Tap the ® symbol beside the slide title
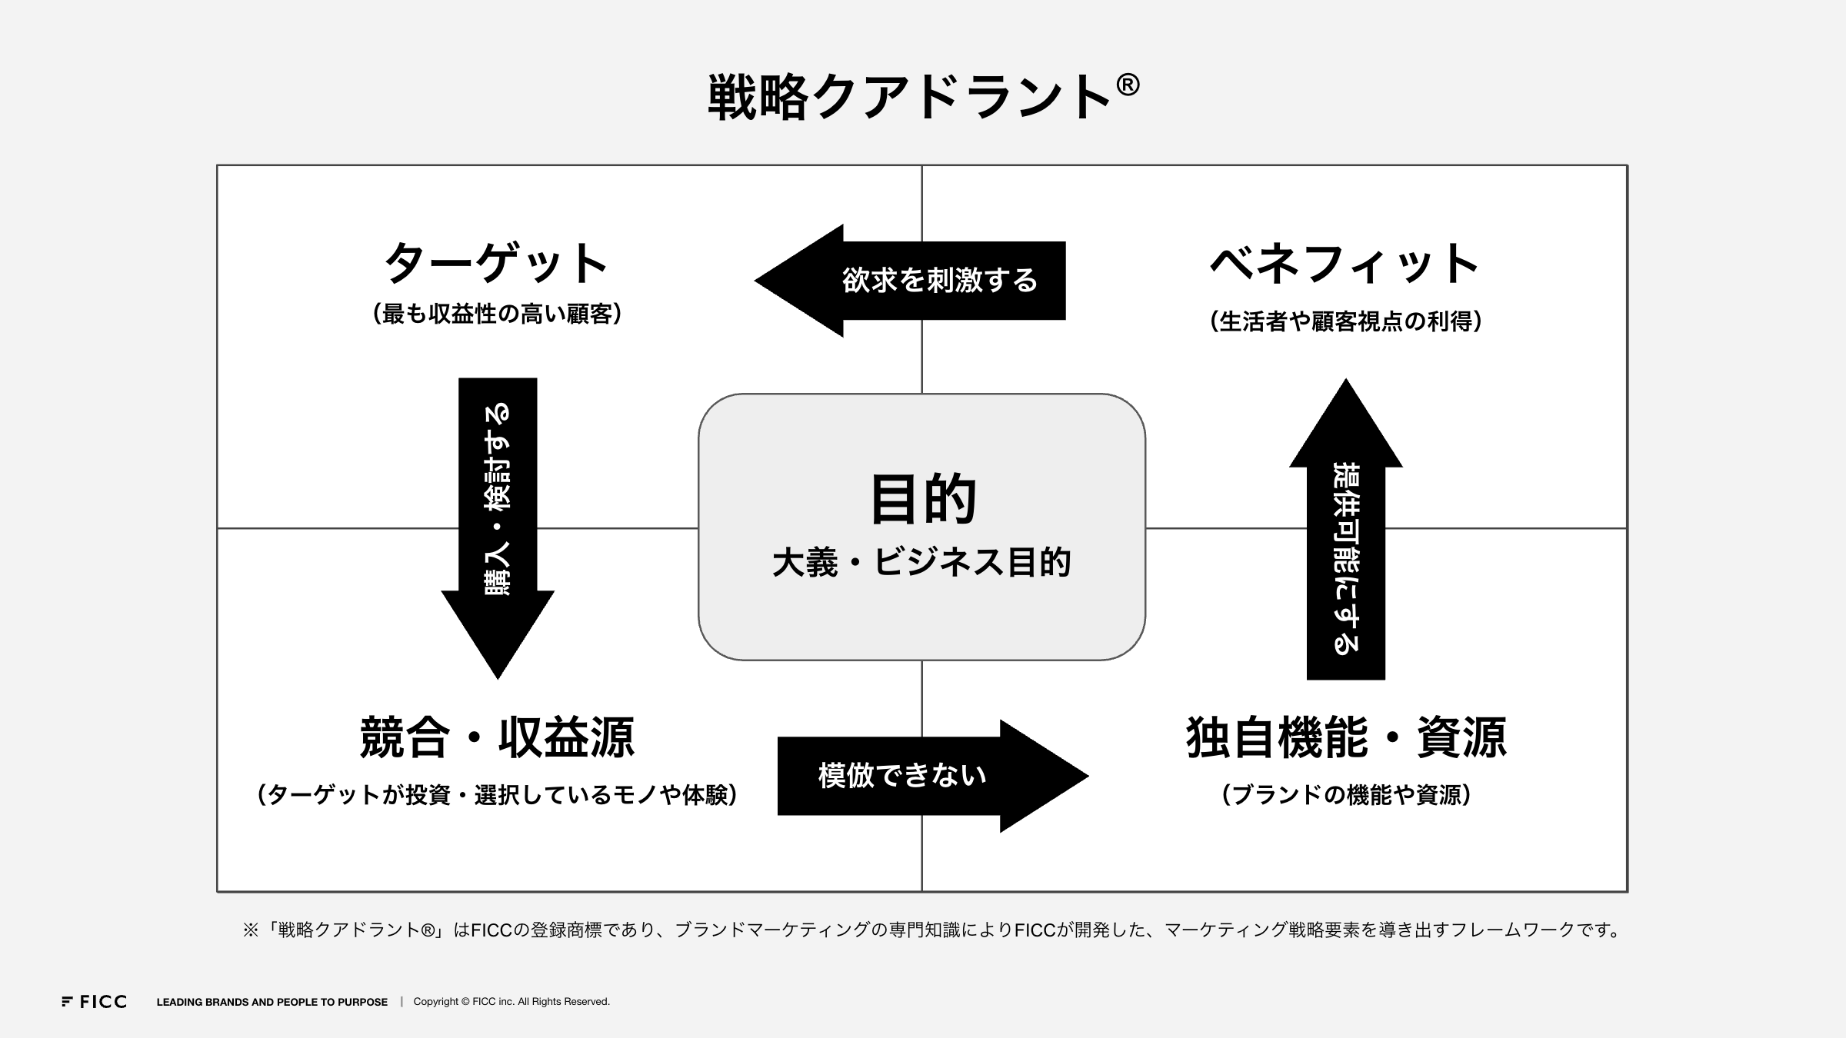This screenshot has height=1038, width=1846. (1127, 85)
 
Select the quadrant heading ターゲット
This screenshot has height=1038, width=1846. (496, 263)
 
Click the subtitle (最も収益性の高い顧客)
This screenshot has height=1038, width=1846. (497, 314)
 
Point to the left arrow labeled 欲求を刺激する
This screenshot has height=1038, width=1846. (910, 281)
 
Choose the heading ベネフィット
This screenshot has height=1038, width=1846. (1345, 263)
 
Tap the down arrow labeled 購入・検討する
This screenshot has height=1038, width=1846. (498, 528)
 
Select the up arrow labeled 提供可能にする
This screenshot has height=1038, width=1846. (1346, 528)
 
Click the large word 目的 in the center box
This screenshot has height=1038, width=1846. (922, 499)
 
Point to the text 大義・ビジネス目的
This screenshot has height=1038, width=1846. (921, 562)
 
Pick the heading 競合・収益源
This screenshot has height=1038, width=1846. (498, 737)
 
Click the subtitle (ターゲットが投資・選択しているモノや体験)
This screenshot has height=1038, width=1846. (498, 794)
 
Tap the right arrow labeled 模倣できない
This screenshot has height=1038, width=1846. (933, 776)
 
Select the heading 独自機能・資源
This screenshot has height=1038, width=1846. (1346, 737)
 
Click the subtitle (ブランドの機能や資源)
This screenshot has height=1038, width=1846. (1346, 794)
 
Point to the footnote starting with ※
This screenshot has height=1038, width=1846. (931, 930)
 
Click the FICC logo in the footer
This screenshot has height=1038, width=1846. (94, 1002)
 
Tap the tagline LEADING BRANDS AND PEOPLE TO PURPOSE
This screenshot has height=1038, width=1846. (272, 1002)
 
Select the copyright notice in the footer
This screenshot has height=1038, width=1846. (511, 1002)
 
